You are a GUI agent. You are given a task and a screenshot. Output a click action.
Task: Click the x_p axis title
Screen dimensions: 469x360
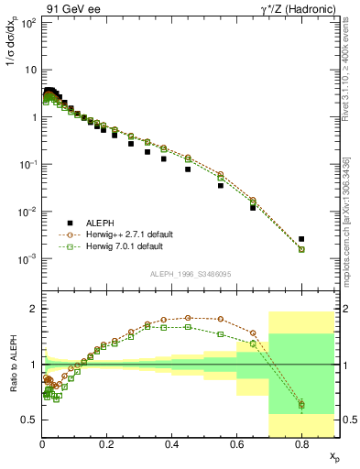(x=333, y=455)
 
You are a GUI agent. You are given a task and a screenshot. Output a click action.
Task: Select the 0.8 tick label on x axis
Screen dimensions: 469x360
(x=301, y=446)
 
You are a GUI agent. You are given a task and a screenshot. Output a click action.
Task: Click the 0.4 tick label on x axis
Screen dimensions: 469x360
(x=171, y=446)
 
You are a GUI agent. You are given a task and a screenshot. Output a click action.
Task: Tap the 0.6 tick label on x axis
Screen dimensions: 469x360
(x=236, y=446)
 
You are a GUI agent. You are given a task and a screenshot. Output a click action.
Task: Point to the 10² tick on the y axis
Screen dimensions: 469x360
(x=27, y=22)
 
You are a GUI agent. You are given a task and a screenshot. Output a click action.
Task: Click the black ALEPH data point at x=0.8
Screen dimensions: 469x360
(x=301, y=239)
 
